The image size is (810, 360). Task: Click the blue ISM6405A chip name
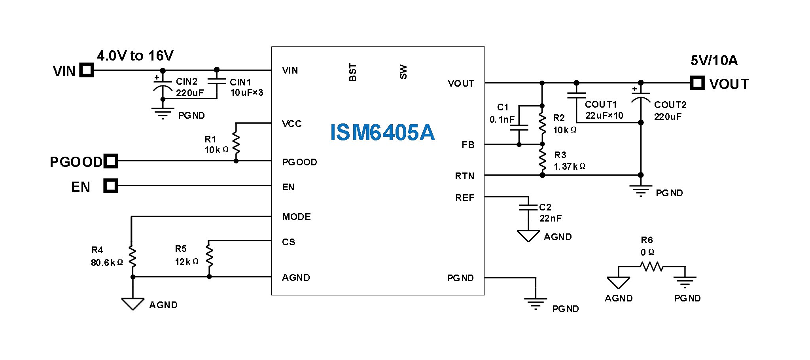[382, 132]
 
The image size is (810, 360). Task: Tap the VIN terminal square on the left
[87, 70]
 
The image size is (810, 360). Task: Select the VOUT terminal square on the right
[697, 83]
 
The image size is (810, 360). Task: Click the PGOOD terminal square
[111, 161]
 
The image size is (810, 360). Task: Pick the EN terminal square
[110, 186]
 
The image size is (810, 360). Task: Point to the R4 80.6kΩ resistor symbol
[132, 257]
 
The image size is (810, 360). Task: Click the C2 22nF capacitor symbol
[528, 207]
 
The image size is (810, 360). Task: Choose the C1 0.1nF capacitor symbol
[519, 127]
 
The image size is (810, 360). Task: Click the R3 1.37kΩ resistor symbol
[542, 160]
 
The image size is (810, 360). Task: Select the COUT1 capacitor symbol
[576, 95]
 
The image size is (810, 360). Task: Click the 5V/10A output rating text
[714, 61]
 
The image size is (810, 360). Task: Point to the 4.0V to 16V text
[135, 56]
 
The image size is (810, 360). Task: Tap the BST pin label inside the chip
[352, 72]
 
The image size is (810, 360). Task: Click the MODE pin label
[296, 217]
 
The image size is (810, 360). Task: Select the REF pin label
[464, 198]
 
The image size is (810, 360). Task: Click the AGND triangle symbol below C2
[528, 236]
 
